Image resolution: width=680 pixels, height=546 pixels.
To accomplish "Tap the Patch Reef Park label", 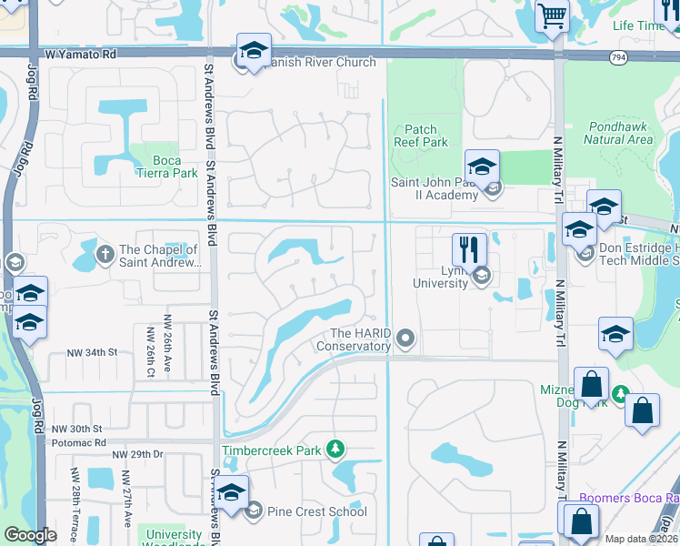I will [x=421, y=136].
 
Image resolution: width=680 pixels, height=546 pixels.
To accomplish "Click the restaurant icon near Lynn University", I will [x=469, y=249].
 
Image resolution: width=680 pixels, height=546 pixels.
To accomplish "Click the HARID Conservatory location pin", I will [x=406, y=339].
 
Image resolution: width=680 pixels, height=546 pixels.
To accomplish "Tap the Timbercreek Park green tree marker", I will [x=336, y=449].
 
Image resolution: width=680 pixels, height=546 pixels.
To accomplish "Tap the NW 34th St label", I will [x=93, y=351].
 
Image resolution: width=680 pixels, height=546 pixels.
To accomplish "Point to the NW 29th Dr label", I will [x=136, y=453].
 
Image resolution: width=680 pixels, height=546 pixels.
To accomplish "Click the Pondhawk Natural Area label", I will [x=618, y=133].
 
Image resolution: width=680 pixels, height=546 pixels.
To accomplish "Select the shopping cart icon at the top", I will [x=551, y=15].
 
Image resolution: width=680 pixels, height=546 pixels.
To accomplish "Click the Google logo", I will [x=30, y=536].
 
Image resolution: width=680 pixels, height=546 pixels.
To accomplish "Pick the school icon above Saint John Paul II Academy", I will [x=481, y=167].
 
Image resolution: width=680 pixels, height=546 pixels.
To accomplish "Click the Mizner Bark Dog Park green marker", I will [x=620, y=394].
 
